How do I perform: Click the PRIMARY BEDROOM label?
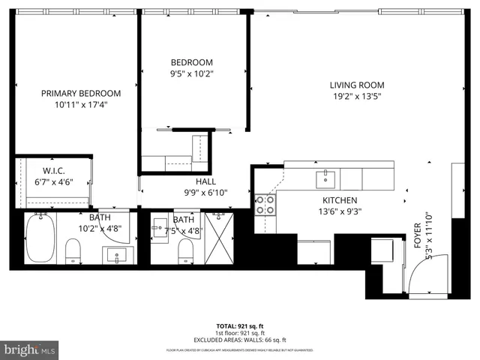(x=80, y=93)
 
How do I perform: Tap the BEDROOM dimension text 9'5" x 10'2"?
(x=192, y=73)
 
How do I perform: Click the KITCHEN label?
(x=340, y=200)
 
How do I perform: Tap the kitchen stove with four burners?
(x=265, y=205)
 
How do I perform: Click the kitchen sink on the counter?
(x=325, y=178)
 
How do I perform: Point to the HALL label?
(x=206, y=181)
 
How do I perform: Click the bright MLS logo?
(x=30, y=350)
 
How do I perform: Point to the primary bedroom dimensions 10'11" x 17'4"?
(x=80, y=105)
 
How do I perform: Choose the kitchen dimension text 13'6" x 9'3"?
(x=340, y=211)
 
